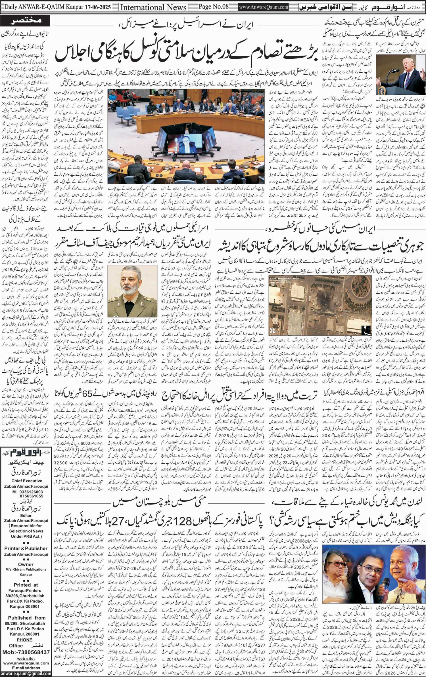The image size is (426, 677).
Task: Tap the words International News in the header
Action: click(153, 7)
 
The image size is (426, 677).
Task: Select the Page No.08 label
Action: click(213, 6)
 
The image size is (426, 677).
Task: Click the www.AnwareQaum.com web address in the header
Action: click(264, 7)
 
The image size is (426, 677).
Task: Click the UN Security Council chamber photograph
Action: click(186, 136)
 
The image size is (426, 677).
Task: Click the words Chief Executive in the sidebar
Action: click(27, 481)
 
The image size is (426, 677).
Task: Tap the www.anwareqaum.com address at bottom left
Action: click(26, 663)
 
